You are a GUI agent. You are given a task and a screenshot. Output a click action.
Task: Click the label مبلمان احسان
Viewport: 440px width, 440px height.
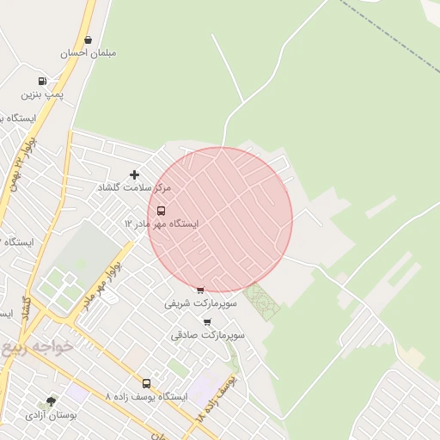[x=88, y=52]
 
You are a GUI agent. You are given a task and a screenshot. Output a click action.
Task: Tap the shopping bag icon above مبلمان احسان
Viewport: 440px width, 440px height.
[x=88, y=40]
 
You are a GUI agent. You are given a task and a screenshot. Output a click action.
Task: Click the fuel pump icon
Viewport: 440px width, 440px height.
[x=43, y=81]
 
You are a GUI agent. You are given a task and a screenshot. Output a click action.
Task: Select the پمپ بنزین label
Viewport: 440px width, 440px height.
[x=43, y=94]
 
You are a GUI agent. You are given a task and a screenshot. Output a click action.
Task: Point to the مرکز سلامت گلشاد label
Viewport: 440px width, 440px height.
[x=135, y=187]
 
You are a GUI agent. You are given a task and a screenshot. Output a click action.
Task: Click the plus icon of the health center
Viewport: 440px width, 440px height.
[x=134, y=174]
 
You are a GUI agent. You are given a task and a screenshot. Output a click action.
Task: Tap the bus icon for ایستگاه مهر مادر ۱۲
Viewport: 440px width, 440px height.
[x=162, y=211]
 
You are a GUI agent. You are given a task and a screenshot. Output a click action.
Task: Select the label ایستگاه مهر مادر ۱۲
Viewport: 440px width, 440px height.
[x=162, y=223]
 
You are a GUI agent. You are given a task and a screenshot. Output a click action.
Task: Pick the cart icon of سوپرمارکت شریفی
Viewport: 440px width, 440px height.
[x=200, y=290]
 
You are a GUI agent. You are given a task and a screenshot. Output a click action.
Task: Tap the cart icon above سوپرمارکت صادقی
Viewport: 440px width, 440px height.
[x=207, y=321]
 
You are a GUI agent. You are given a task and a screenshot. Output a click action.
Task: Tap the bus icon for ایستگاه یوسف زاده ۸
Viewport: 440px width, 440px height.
[x=146, y=383]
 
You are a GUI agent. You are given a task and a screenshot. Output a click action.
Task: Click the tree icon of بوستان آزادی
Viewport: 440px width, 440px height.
[x=51, y=401]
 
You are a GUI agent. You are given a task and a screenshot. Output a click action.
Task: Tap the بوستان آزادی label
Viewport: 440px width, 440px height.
[x=51, y=414]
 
